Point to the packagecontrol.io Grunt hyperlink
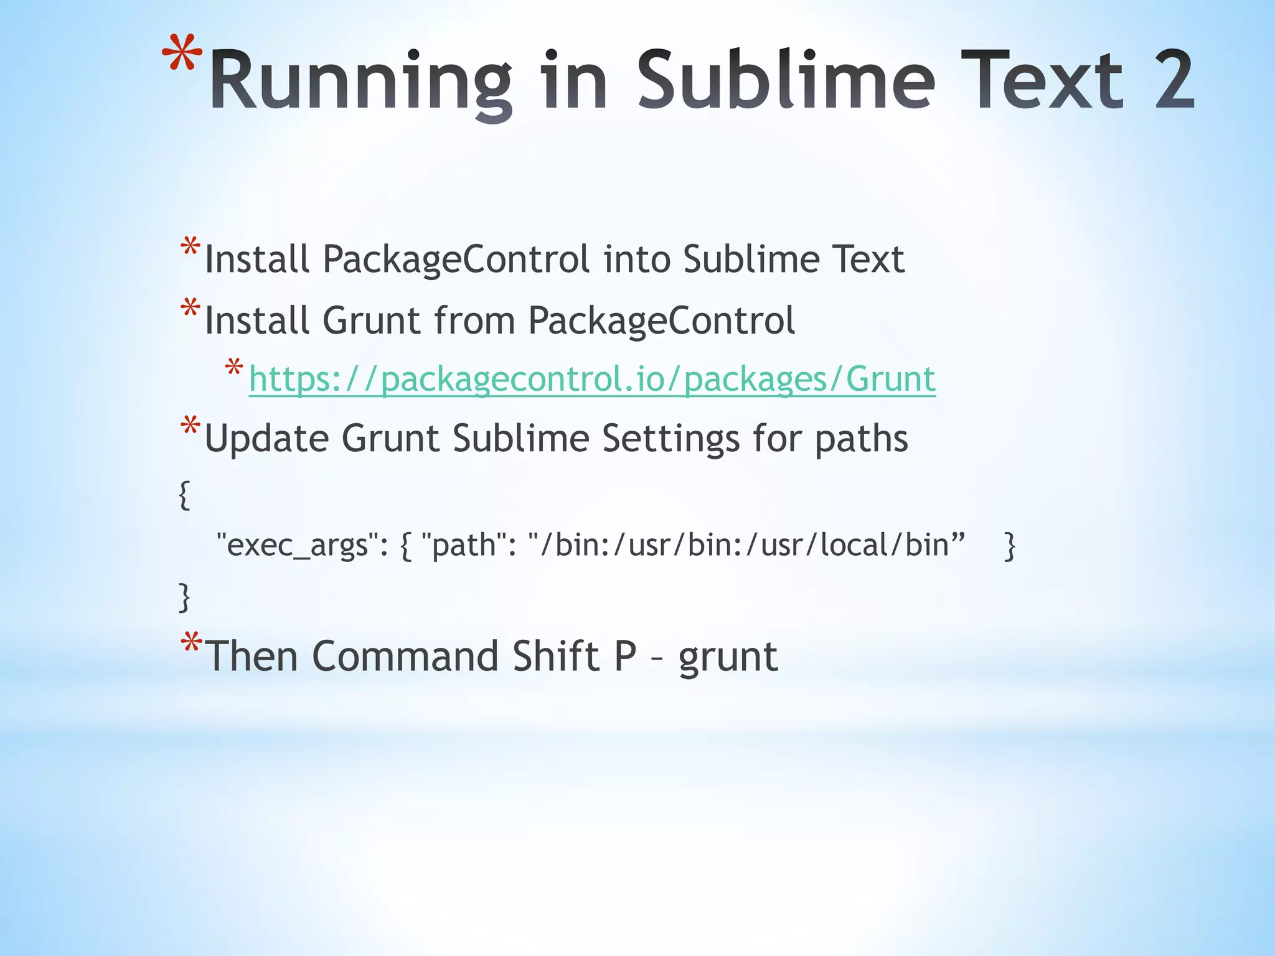click(x=591, y=379)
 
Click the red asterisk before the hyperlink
click(x=233, y=368)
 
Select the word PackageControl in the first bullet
click(x=456, y=259)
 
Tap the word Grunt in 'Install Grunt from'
click(x=371, y=321)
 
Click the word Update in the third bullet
click(x=266, y=439)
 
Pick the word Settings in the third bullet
click(x=670, y=439)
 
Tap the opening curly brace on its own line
click(x=184, y=495)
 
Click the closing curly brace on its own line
click(x=184, y=597)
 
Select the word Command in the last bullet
click(x=405, y=657)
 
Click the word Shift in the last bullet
click(x=555, y=657)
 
